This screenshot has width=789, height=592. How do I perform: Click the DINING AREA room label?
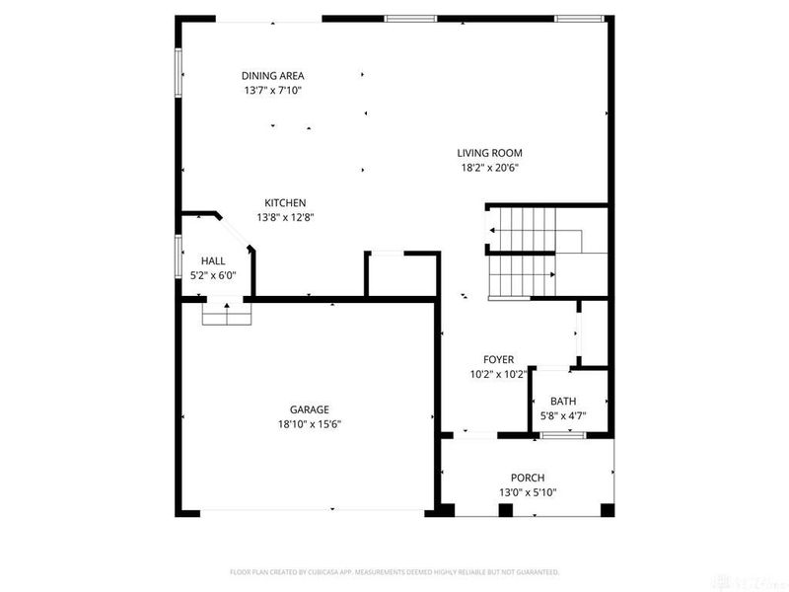pos(273,76)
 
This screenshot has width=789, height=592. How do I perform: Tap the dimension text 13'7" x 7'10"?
pos(273,91)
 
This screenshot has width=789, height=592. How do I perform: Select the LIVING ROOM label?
pos(489,153)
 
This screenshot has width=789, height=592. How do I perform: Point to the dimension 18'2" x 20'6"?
pos(489,168)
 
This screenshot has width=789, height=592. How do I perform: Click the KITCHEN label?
pos(285,203)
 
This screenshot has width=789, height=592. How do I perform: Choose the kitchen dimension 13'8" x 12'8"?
pos(285,218)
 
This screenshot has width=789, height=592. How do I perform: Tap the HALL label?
pos(213,261)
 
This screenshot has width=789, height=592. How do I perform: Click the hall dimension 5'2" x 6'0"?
pos(213,276)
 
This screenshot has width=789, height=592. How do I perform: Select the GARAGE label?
pos(309,409)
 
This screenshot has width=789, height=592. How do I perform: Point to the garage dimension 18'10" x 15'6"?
pos(309,424)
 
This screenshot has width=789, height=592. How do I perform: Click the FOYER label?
pos(498,360)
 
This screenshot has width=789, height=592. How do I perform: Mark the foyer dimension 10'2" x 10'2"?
pos(498,375)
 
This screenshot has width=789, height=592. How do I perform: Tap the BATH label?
pos(563,402)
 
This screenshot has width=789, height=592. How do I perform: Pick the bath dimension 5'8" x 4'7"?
pos(563,416)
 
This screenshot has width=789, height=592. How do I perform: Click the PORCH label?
pos(528,478)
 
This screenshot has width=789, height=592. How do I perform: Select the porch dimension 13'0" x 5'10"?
pos(528,492)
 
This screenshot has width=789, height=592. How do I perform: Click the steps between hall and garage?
pos(226,314)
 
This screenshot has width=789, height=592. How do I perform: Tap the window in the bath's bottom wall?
pos(556,434)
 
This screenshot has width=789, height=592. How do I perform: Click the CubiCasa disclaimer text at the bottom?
pos(394,572)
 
